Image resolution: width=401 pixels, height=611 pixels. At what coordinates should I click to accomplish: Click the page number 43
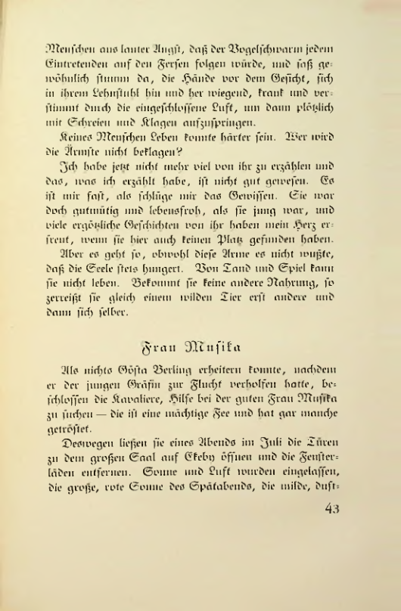(332, 509)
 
